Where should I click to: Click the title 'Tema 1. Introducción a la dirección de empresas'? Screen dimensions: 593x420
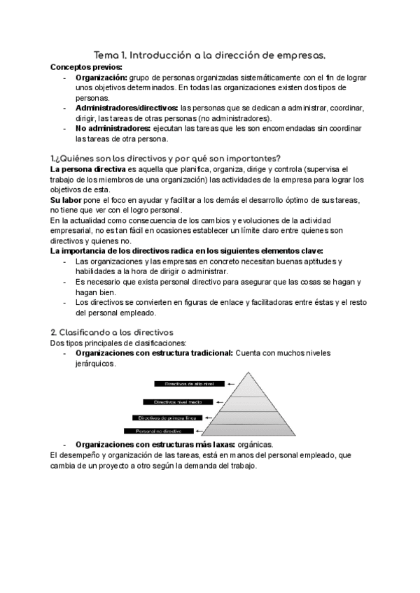click(x=209, y=55)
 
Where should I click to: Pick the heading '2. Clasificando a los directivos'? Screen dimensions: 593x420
click(x=112, y=332)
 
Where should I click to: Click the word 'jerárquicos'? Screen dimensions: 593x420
click(x=96, y=364)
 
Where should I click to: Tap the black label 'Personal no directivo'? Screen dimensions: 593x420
click(x=158, y=431)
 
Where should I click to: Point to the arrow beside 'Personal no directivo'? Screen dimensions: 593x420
click(x=207, y=431)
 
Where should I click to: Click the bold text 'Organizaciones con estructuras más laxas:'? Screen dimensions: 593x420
click(x=155, y=445)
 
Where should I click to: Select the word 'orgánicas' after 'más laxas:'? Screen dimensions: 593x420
click(x=255, y=445)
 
